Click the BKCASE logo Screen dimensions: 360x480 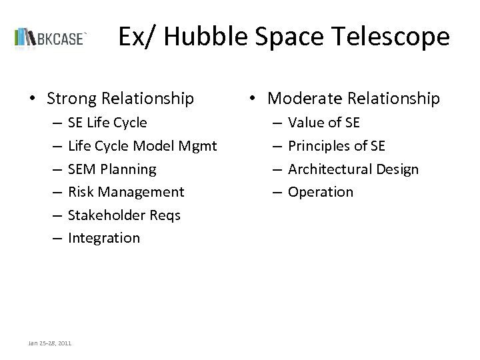pyautogui.click(x=51, y=37)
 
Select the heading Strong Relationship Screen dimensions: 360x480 pyautogui.click(x=121, y=99)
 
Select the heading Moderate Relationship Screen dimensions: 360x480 pyautogui.click(x=353, y=99)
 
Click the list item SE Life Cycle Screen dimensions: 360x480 pyautogui.click(x=107, y=123)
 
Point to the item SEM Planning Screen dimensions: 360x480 pyautogui.click(x=112, y=169)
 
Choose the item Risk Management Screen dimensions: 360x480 pyautogui.click(x=125, y=192)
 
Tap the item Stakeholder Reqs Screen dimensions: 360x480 pyautogui.click(x=123, y=215)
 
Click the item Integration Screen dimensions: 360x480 pyautogui.click(x=103, y=238)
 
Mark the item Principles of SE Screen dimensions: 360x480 pyautogui.click(x=336, y=146)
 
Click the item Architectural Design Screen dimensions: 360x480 pyautogui.click(x=353, y=169)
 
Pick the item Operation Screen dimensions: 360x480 pyautogui.click(x=320, y=192)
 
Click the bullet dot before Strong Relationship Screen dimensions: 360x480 pyautogui.click(x=32, y=99)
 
